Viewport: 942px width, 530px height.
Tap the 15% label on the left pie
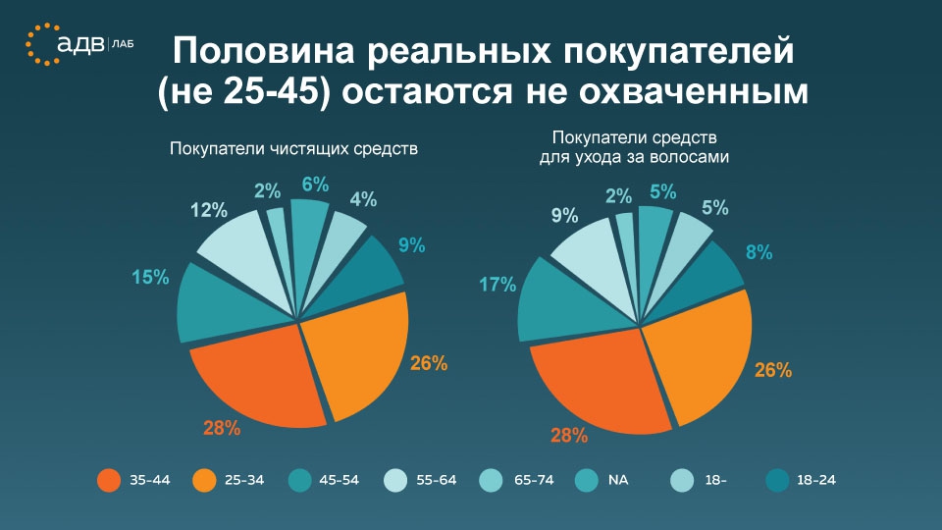click(x=149, y=279)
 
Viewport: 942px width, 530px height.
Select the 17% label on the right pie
click(x=497, y=286)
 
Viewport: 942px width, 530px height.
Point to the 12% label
click(x=209, y=209)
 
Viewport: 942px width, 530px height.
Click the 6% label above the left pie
click(x=315, y=184)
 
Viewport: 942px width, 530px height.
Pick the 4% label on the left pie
click(x=363, y=200)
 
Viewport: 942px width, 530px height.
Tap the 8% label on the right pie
click(x=759, y=252)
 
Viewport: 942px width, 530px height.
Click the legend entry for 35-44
click(x=138, y=480)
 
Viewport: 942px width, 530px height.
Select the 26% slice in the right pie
click(x=697, y=353)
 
